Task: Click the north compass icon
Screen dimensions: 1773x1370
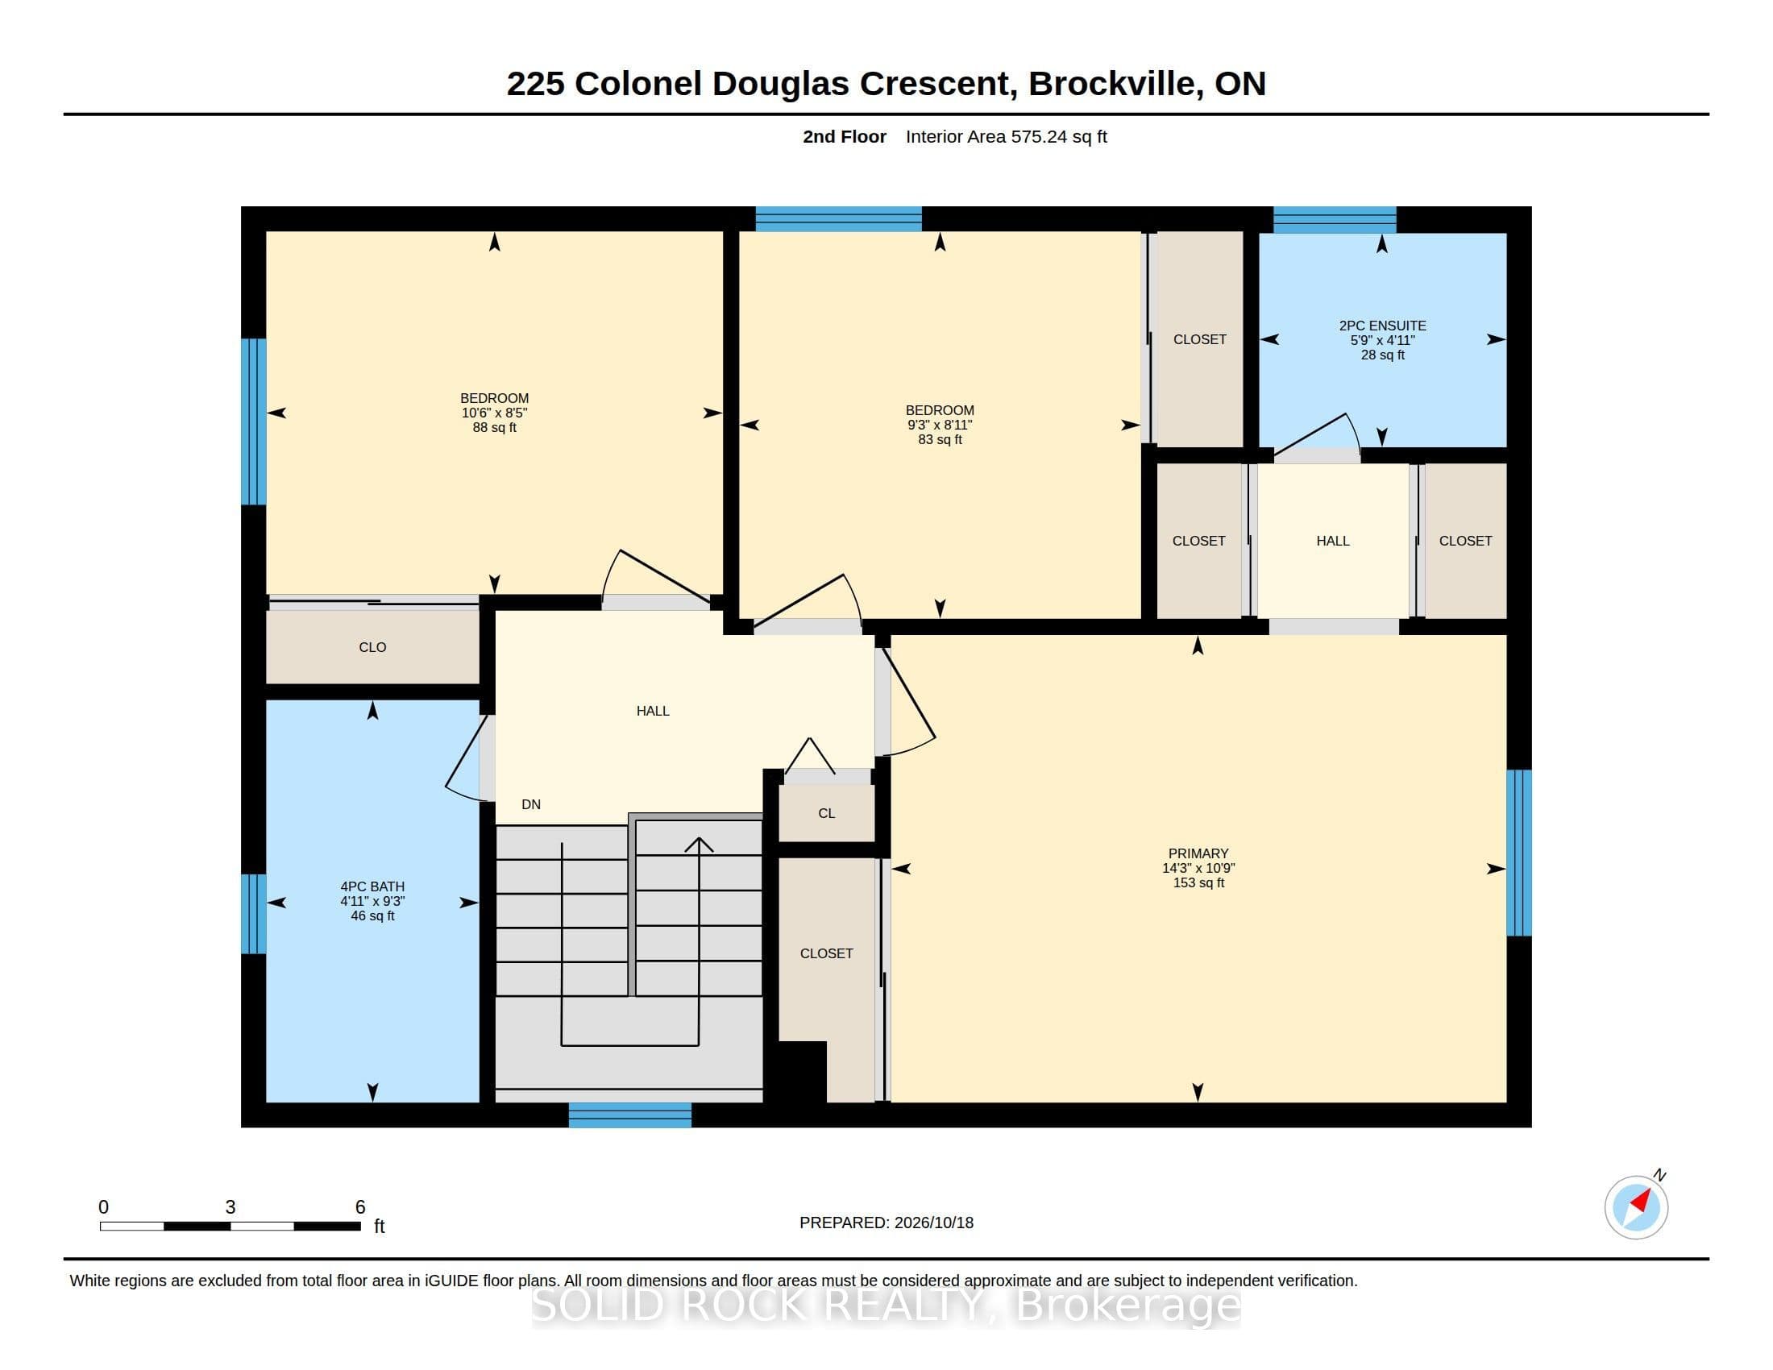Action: pyautogui.click(x=1636, y=1207)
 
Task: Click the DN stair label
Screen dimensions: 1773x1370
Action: pyautogui.click(x=531, y=804)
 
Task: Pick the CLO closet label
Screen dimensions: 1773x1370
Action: pyautogui.click(x=372, y=647)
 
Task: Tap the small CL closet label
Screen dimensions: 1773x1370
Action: pyautogui.click(x=826, y=813)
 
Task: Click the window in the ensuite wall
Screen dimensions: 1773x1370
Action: pyautogui.click(x=1335, y=220)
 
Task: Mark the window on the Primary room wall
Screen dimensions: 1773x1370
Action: pyautogui.click(x=1519, y=852)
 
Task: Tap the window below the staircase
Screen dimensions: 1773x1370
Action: pyautogui.click(x=630, y=1115)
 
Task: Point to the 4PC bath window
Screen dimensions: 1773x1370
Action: pyautogui.click(x=254, y=914)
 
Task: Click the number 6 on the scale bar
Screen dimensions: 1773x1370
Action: pyautogui.click(x=360, y=1207)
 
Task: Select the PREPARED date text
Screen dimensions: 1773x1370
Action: pyautogui.click(x=886, y=1223)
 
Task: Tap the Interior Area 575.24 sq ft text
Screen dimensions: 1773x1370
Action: pyautogui.click(x=1007, y=136)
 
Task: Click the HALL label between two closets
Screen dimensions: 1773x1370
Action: pyautogui.click(x=1333, y=541)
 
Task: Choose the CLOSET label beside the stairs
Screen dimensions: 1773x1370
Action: pyautogui.click(x=826, y=953)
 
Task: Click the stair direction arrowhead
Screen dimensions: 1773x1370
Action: pyautogui.click(x=699, y=844)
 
